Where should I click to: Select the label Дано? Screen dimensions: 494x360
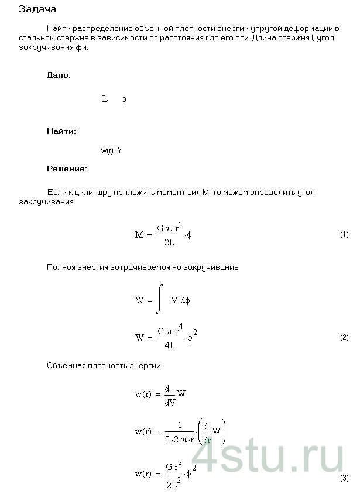click(59, 76)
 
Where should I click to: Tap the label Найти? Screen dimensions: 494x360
click(61, 131)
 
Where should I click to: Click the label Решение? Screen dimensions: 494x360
click(67, 169)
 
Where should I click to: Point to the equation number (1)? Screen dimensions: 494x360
click(344, 235)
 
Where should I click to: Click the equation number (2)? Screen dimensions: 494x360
click(344, 338)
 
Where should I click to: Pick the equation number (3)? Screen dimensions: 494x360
click(344, 478)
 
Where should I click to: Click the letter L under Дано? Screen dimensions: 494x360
click(105, 99)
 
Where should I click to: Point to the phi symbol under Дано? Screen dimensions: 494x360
click(124, 100)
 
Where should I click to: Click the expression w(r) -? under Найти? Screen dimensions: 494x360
click(111, 150)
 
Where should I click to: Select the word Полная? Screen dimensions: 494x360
click(61, 267)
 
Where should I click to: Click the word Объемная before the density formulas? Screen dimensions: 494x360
click(66, 366)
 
